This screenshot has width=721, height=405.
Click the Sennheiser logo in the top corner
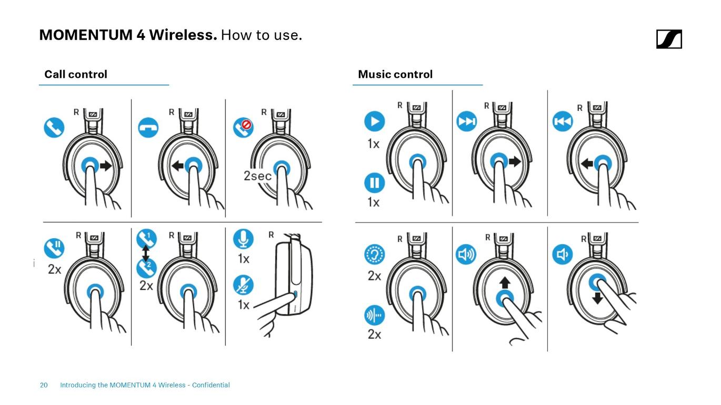point(669,39)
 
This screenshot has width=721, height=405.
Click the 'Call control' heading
point(76,75)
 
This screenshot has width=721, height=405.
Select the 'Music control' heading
point(395,75)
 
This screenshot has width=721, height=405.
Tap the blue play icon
point(374,121)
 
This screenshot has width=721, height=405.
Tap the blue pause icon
point(374,183)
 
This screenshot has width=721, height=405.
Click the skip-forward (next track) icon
point(467,121)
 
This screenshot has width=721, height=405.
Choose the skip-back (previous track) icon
point(562,121)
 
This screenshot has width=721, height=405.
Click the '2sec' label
point(257,176)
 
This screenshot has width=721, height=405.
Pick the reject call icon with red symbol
point(243,128)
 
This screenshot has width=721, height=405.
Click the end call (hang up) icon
point(148,128)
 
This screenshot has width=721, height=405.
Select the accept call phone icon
point(54,127)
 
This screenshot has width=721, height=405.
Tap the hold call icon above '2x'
point(54,248)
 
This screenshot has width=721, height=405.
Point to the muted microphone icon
point(243,285)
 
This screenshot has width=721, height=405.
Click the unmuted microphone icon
point(243,239)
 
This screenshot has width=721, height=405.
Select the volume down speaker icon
point(562,255)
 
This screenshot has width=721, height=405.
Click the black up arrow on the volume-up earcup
point(505,282)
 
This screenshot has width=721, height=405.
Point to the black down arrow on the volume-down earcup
point(597,298)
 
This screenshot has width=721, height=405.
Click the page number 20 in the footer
point(44,385)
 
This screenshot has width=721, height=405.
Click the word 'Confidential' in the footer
point(211,385)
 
